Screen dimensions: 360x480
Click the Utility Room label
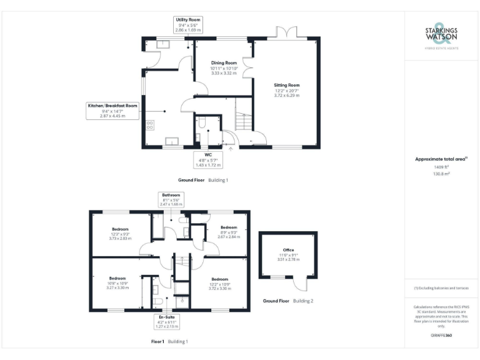[x=187, y=25]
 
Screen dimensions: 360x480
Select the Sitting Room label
[x=287, y=90]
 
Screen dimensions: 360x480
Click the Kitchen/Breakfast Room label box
[x=113, y=111]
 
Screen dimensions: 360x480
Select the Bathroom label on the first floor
[x=171, y=199]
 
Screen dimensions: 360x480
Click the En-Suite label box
[x=166, y=321]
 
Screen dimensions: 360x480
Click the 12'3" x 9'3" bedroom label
[x=120, y=233]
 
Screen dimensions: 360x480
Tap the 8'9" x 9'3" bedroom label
[x=228, y=232]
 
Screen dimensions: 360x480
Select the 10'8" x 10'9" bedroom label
[x=117, y=283]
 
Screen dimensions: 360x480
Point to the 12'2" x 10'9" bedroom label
[x=220, y=284]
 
